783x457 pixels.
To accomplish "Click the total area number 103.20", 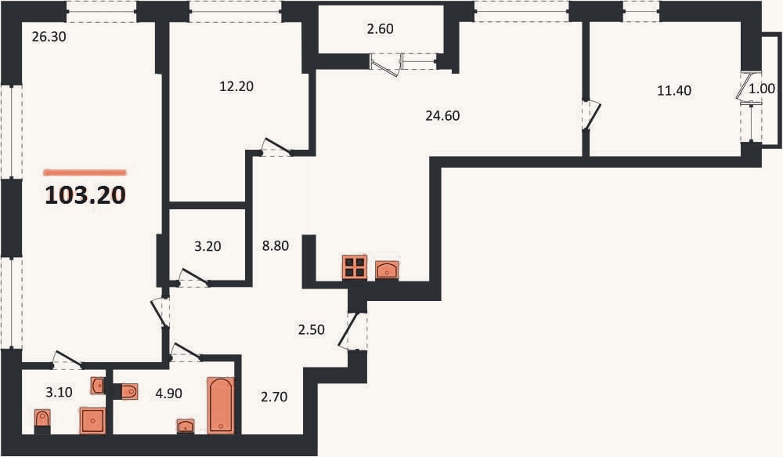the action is pyautogui.click(x=85, y=195).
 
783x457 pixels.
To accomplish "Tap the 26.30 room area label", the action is pyautogui.click(x=49, y=37).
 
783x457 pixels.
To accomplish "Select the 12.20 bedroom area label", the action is pyautogui.click(x=236, y=86).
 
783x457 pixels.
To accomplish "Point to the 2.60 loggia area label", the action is pyautogui.click(x=380, y=29).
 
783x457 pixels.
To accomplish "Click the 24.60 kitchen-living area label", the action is pyautogui.click(x=442, y=116).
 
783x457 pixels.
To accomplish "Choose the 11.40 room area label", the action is pyautogui.click(x=674, y=90).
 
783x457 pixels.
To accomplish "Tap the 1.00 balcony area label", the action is pyautogui.click(x=762, y=89).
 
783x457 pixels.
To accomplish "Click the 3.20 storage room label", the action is pyautogui.click(x=207, y=246).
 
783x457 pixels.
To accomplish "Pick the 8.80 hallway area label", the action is pyautogui.click(x=276, y=246).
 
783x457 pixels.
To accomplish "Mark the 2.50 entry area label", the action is pyautogui.click(x=311, y=330).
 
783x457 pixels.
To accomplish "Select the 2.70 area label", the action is pyautogui.click(x=274, y=397).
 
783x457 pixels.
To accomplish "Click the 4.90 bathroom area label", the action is pyautogui.click(x=169, y=394).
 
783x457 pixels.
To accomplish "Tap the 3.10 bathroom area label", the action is pyautogui.click(x=59, y=393).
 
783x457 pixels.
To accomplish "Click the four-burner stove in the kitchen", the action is pyautogui.click(x=355, y=267).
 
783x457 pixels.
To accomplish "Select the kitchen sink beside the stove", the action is pyautogui.click(x=387, y=270).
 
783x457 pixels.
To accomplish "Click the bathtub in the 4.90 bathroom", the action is pyautogui.click(x=220, y=405).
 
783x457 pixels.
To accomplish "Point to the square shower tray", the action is pyautogui.click(x=93, y=420).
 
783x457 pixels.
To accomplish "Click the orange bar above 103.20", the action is pyautogui.click(x=85, y=172).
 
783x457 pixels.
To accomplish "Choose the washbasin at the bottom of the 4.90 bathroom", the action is pyautogui.click(x=186, y=426).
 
